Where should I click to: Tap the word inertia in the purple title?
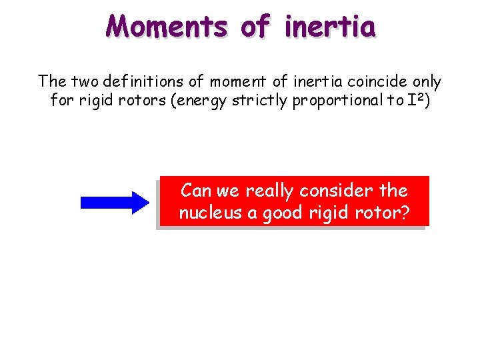tap(330, 26)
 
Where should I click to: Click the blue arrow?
tap(115, 201)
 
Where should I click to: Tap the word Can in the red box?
tap(196, 191)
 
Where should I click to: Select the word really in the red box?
tap(270, 191)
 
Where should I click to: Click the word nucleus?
tap(207, 213)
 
